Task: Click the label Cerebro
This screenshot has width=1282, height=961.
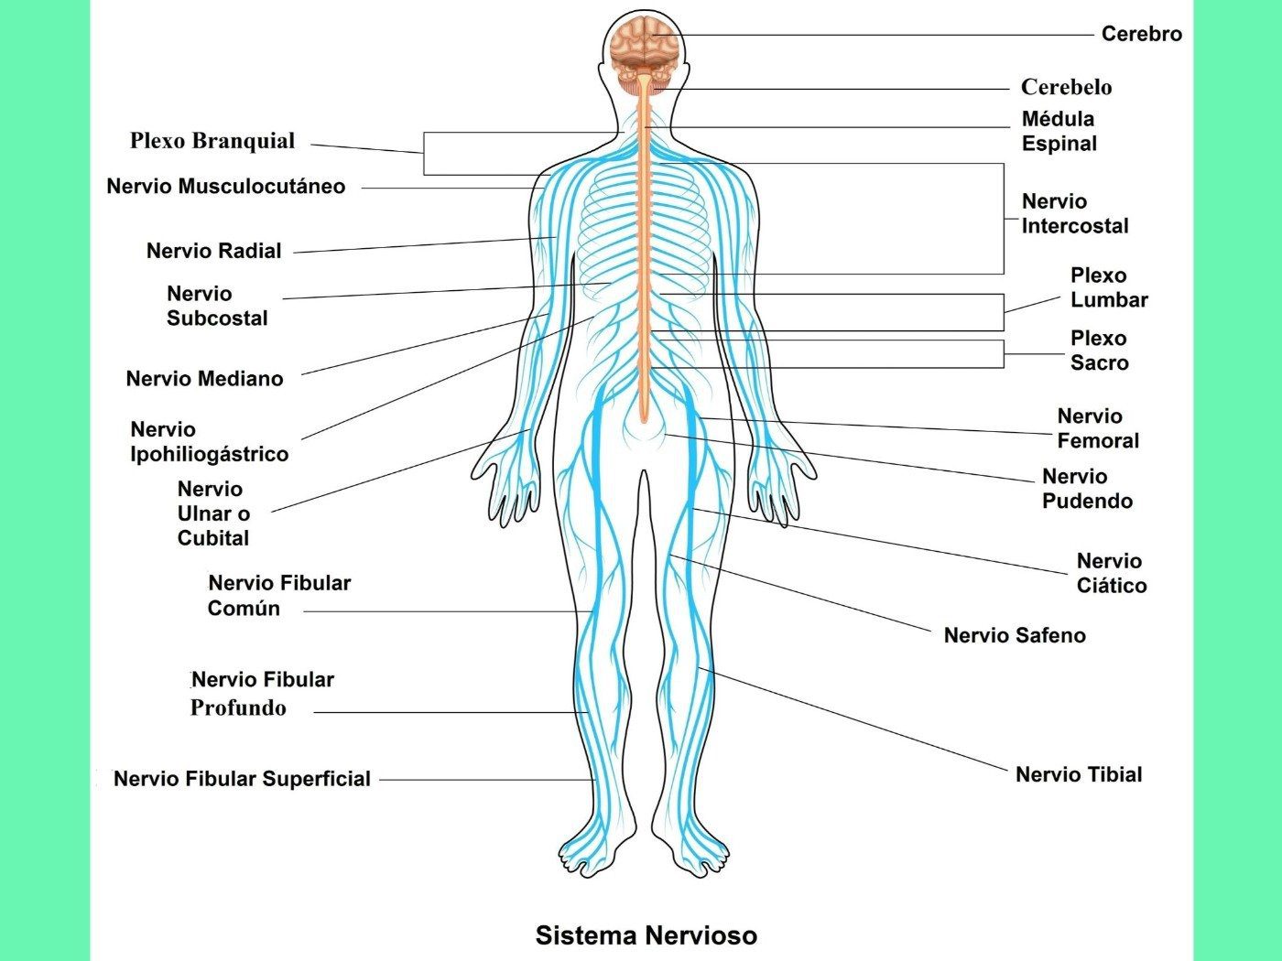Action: [x=1141, y=34]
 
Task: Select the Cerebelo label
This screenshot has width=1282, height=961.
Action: [x=1067, y=87]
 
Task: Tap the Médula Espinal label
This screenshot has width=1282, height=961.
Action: [x=1059, y=131]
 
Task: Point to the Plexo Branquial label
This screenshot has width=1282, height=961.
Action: [x=212, y=141]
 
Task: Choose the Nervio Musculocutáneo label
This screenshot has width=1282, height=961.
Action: [x=226, y=186]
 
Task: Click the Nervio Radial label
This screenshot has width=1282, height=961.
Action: [x=213, y=250]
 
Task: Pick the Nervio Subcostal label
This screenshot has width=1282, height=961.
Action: [x=217, y=305]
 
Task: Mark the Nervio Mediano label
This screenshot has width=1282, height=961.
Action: [x=204, y=378]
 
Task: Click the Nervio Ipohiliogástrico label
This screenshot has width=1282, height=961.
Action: [x=209, y=442]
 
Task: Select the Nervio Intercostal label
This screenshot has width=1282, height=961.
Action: [x=1075, y=213]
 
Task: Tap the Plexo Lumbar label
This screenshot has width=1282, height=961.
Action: [x=1109, y=287]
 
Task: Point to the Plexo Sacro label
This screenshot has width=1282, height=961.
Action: [x=1099, y=351]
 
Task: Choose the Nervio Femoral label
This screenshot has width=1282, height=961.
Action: [x=1098, y=428]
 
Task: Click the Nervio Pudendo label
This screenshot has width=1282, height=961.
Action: [x=1087, y=489]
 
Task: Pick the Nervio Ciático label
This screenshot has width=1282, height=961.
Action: [x=1112, y=573]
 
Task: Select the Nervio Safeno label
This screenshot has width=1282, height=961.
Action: [x=1015, y=635]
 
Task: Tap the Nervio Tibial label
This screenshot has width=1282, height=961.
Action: [x=1079, y=774]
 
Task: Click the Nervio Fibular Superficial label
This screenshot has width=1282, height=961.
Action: [x=242, y=778]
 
